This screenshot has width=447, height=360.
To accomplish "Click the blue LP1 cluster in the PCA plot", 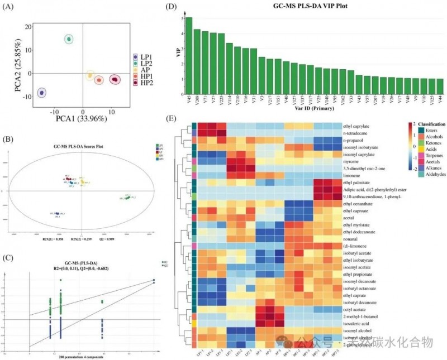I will coord(41,93).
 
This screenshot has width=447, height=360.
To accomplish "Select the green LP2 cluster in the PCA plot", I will coord(69,39).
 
